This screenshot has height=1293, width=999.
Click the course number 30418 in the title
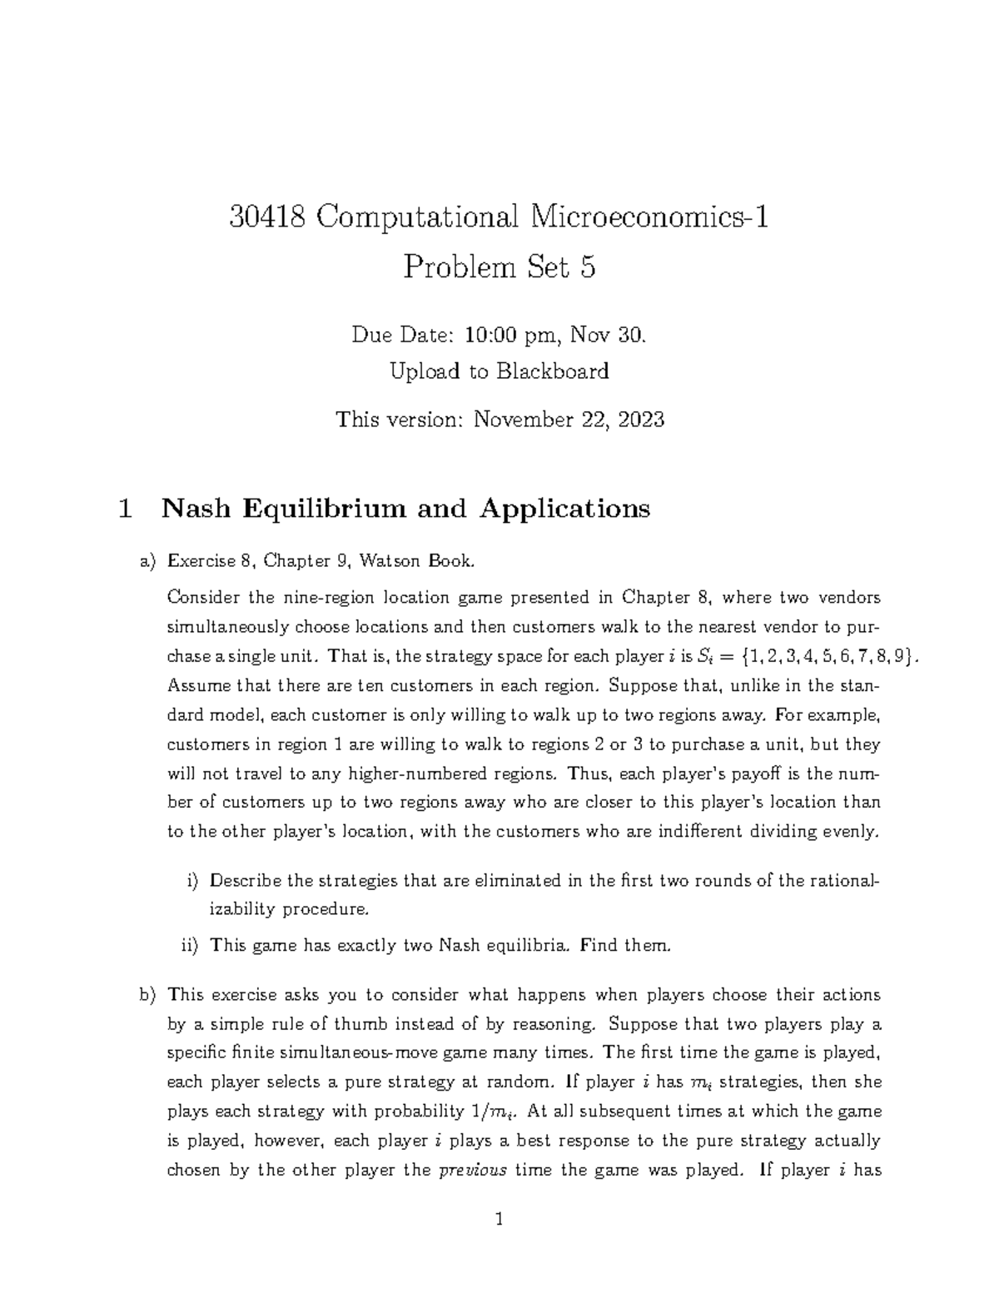tap(266, 218)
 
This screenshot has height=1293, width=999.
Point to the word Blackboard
tap(553, 371)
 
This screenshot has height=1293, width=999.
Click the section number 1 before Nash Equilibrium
tap(126, 508)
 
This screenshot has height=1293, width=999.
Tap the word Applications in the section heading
tap(564, 508)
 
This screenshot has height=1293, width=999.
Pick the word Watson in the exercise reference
tap(391, 561)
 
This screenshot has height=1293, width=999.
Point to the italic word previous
tap(472, 1170)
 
